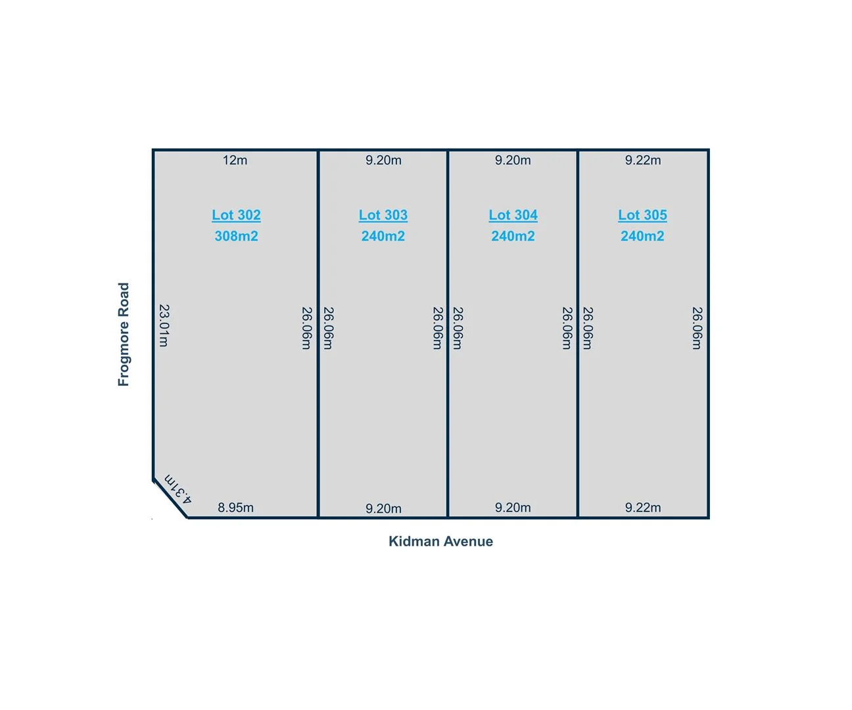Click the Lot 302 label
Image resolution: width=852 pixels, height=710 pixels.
[x=236, y=215]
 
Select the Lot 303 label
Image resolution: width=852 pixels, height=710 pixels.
[x=383, y=215]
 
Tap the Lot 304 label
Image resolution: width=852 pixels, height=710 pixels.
[x=513, y=215]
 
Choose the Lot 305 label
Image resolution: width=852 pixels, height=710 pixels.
[x=642, y=215]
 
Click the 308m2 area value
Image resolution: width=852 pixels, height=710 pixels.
[x=236, y=236]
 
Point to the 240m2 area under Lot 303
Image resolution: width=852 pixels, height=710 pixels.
[x=383, y=236]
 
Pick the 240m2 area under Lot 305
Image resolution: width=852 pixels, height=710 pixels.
[x=642, y=236]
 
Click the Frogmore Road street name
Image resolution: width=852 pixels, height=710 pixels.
[x=124, y=334]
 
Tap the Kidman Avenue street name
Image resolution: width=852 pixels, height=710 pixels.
[x=440, y=541]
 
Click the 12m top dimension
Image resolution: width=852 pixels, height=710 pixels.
[x=235, y=160]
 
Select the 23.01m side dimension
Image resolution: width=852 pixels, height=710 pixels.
[x=164, y=325]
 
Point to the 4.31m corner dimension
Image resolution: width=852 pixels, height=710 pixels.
[x=178, y=489]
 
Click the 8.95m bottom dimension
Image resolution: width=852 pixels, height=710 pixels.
[x=235, y=508]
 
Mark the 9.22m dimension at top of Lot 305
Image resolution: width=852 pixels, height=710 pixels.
[x=643, y=160]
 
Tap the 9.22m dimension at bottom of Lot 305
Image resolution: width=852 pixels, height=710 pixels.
[x=643, y=508]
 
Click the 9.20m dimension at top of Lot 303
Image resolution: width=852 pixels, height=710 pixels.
[x=383, y=160]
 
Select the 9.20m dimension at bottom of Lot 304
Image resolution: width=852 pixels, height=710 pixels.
[x=513, y=508]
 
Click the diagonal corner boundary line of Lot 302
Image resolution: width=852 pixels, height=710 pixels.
[x=170, y=499]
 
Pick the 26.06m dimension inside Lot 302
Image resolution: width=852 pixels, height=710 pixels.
[x=306, y=328]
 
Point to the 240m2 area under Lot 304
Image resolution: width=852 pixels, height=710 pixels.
[x=513, y=236]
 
